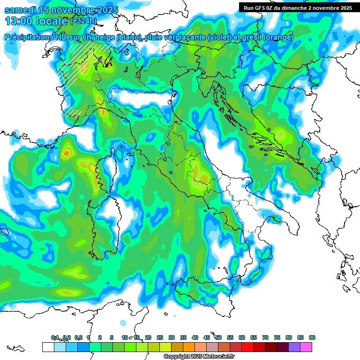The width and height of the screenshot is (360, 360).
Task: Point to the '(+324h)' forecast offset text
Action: [x=84, y=21]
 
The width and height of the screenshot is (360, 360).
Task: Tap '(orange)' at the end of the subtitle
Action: [x=278, y=37]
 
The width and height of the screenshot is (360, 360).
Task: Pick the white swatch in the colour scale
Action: [x=48, y=347]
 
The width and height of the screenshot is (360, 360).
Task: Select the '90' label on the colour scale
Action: [x=312, y=337]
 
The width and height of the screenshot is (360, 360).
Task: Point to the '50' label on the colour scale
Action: [x=218, y=337]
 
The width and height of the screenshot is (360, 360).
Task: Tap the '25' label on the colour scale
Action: [x=160, y=337]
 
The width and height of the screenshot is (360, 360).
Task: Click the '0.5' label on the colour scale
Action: [x=78, y=337]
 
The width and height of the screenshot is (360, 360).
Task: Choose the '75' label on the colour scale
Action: [x=277, y=337]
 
